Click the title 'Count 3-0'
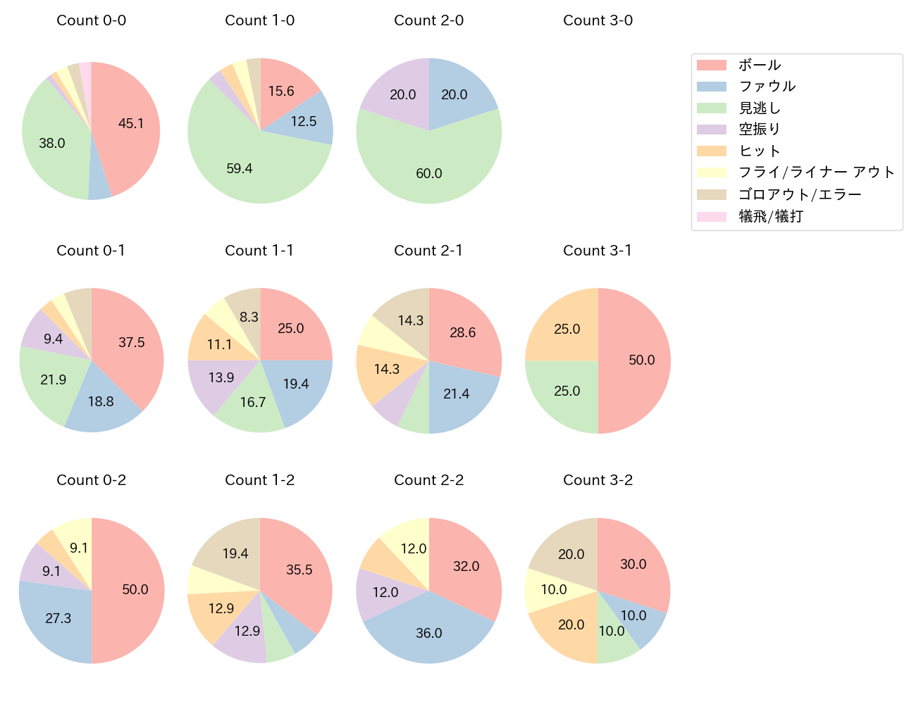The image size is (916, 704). (598, 20)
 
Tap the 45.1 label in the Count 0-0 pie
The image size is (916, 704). (131, 124)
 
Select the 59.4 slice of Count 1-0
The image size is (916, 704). (240, 168)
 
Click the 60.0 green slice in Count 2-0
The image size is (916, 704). (428, 173)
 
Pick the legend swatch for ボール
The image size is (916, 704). (711, 65)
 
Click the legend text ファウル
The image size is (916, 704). (767, 87)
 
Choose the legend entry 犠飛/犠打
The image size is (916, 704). (770, 216)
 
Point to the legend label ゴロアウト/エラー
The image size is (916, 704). (800, 194)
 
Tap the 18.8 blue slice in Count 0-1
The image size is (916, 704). (101, 401)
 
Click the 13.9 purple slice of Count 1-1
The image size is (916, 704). (221, 378)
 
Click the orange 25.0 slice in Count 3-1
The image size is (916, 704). (567, 329)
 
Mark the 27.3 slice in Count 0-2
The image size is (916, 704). (58, 618)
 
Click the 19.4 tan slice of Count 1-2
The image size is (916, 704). (235, 554)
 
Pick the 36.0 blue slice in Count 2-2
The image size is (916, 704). (428, 633)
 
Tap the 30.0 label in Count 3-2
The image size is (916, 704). (633, 564)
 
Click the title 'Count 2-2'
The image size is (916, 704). (428, 480)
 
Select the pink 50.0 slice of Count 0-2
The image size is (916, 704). (135, 590)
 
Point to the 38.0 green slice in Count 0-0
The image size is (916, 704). (52, 144)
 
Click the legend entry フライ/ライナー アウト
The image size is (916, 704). (816, 172)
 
